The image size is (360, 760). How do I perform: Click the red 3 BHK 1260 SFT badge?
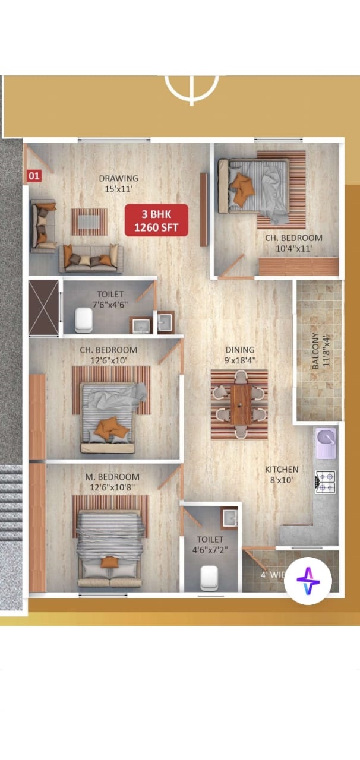pos(156,220)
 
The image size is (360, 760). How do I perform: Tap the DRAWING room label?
pos(119,178)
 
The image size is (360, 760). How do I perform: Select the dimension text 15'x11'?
pos(119,190)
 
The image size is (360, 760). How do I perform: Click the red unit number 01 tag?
pos(34,176)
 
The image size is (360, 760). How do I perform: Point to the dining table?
pos(240,404)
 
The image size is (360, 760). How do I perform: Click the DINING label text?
pos(240,350)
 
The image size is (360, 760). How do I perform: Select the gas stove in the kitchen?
pos(326,482)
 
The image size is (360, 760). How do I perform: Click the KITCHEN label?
pos(282,470)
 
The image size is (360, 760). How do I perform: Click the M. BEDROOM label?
pos(112,477)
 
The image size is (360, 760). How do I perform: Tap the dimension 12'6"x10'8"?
pos(112,488)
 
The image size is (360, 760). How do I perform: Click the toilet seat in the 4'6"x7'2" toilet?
pos(209,576)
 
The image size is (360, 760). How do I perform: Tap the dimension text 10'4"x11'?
pos(293,249)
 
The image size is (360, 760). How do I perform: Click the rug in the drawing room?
pos(90,221)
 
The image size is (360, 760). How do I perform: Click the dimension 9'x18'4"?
pos(240,360)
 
